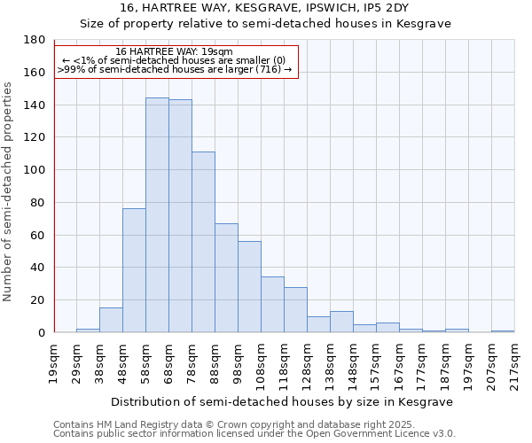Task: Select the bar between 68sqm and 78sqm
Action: pos(180,216)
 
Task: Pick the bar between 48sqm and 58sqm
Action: pos(134,270)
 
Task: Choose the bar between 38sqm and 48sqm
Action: pos(111,320)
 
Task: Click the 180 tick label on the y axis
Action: pos(36,40)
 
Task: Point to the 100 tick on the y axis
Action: pos(36,170)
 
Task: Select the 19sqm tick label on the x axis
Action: pos(54,362)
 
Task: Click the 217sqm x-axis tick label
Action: pos(515,362)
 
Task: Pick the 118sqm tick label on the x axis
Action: pos(285,362)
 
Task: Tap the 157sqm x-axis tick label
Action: pos(377,362)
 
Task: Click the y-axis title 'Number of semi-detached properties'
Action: pos(9,191)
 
